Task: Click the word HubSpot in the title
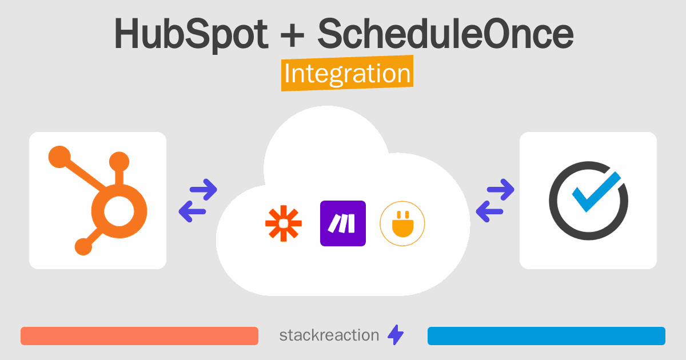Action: click(x=192, y=34)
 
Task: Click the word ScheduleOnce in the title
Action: click(x=445, y=33)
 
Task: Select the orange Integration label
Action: click(x=348, y=73)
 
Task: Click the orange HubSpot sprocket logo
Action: click(x=98, y=201)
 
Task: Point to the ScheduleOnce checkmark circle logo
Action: click(x=588, y=201)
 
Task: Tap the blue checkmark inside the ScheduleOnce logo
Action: click(x=596, y=191)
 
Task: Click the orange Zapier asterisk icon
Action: click(x=284, y=223)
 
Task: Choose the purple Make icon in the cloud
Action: click(x=343, y=223)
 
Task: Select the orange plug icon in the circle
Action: click(x=402, y=223)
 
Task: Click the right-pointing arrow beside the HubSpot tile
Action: click(x=204, y=190)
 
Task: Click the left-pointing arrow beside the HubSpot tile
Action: click(x=192, y=211)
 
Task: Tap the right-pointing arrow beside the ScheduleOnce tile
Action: click(x=501, y=190)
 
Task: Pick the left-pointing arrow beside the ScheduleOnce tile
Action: click(x=489, y=211)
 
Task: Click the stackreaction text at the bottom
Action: click(x=329, y=335)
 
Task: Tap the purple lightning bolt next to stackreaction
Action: click(x=396, y=335)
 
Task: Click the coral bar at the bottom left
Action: click(x=139, y=336)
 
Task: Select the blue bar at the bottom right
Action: click(x=547, y=336)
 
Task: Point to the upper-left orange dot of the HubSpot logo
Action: click(x=59, y=157)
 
